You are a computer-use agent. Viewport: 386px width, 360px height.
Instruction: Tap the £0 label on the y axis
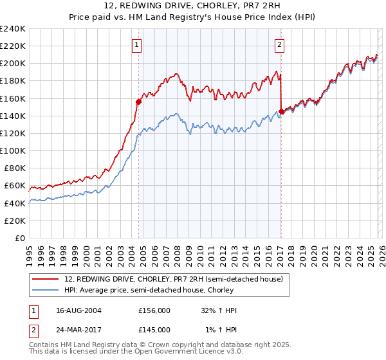point(20,238)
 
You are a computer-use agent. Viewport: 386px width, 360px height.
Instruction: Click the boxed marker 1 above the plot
point(138,45)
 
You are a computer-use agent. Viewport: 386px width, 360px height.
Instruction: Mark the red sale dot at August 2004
point(138,102)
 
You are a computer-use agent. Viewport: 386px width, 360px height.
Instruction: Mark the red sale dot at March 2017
point(281,111)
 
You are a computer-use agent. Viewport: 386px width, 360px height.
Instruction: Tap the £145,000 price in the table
point(154,330)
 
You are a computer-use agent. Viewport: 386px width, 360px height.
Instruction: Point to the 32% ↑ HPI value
point(219,310)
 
